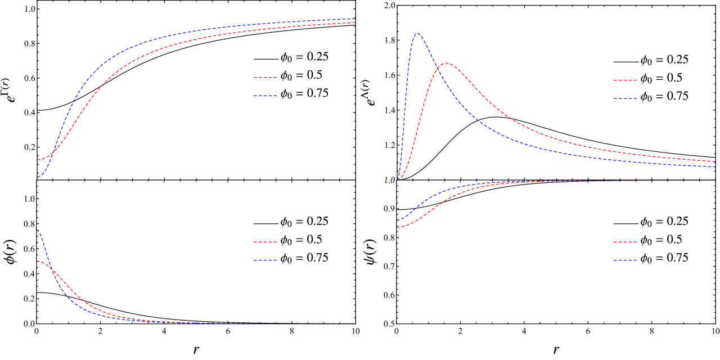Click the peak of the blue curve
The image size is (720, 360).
tap(417, 33)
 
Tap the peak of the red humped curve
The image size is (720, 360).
tap(446, 63)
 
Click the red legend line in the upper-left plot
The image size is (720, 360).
tap(265, 78)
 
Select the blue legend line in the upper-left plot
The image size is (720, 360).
tap(265, 96)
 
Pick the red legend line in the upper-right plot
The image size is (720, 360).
tap(625, 80)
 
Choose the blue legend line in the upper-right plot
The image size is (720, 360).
tap(625, 98)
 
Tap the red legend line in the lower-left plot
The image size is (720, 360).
tap(265, 242)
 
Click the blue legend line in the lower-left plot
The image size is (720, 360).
tap(265, 260)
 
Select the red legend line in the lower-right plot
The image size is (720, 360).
tap(625, 242)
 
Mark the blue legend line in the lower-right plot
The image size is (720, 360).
tap(625, 260)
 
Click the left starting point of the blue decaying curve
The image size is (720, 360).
tap(38, 231)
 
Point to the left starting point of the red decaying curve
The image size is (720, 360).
tap(38, 261)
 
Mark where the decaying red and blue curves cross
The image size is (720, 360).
tap(52, 271)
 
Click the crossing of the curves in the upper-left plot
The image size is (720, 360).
tap(52, 153)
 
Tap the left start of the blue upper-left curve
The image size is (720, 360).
tap(38, 177)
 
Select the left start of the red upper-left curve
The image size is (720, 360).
tap(38, 160)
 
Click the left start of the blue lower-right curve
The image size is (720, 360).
tap(398, 220)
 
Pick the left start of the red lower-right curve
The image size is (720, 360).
tap(398, 228)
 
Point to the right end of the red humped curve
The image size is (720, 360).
tap(715, 161)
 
